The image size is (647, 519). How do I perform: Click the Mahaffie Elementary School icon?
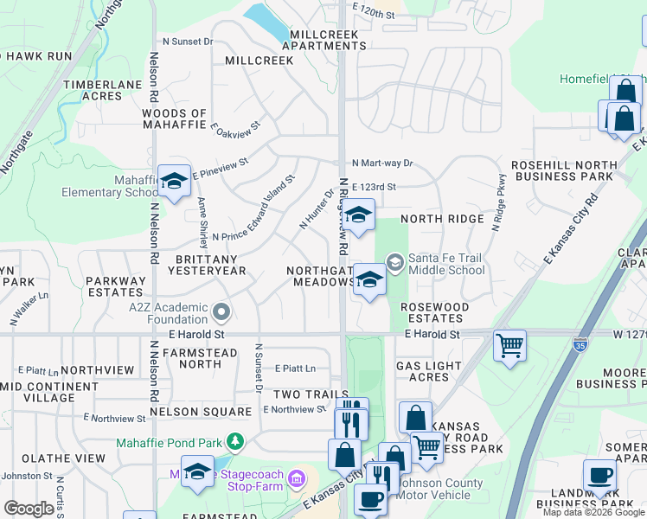[x=174, y=182]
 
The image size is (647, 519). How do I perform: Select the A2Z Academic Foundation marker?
[x=221, y=311]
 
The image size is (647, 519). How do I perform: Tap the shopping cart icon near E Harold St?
[x=509, y=346]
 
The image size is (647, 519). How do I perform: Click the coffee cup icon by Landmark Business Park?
[x=599, y=475]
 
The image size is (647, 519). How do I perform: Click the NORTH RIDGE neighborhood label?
[x=442, y=219]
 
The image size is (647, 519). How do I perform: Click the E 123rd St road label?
[x=374, y=187]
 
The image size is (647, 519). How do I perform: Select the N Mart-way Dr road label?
[x=383, y=163]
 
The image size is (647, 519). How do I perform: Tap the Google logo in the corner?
[x=29, y=509]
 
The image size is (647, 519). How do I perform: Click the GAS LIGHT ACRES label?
[x=429, y=372]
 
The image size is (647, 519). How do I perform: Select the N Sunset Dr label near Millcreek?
[x=188, y=41]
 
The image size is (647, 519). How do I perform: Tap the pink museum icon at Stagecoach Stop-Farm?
[x=296, y=477]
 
